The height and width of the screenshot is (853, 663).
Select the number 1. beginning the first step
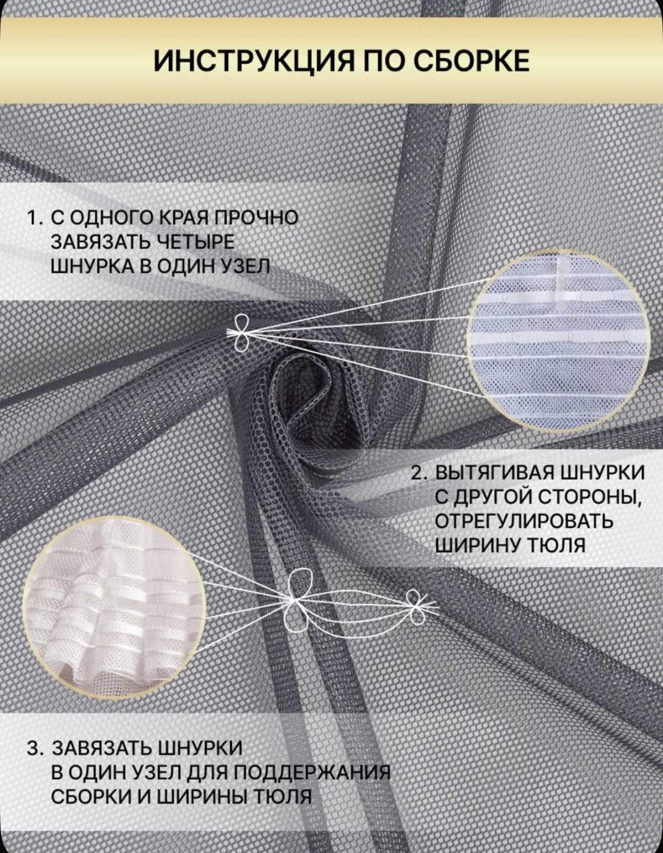36,219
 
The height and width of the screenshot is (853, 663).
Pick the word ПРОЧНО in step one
257,218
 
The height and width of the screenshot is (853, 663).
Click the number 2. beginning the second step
421,473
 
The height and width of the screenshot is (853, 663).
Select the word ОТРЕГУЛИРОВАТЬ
524,522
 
